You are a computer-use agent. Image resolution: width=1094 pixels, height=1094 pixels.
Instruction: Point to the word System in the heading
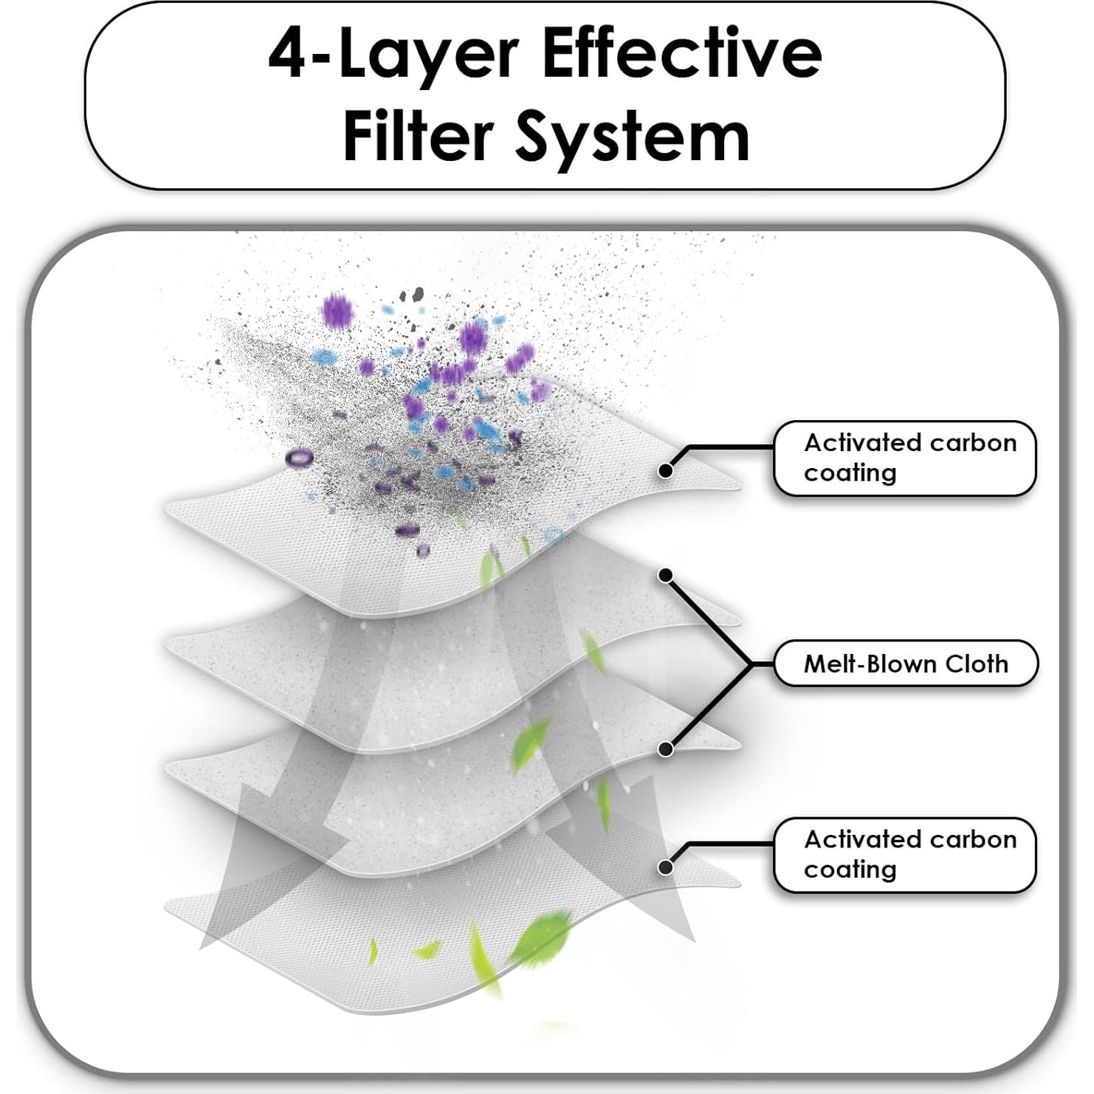pos(632,138)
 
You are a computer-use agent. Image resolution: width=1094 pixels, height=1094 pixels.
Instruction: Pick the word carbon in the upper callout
pos(974,442)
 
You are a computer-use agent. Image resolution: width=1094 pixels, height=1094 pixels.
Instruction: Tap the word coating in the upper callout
pos(850,472)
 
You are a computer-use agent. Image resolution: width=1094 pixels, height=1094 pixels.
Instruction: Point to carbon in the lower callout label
pos(974,839)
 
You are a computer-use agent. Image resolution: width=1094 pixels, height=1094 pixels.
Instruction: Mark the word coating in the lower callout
pos(850,869)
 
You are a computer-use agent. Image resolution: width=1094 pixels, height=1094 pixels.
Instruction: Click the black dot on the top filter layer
pos(665,469)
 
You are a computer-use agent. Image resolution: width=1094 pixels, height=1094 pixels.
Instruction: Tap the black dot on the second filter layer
pos(665,575)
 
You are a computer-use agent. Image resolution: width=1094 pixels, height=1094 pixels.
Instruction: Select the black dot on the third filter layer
pos(665,749)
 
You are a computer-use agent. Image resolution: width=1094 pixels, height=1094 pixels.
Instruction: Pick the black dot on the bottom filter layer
pos(665,867)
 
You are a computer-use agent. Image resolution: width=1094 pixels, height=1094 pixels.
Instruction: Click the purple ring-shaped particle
pos(299,458)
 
